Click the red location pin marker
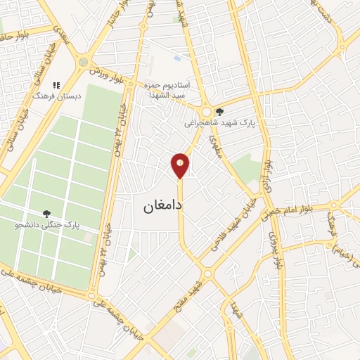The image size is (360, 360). tap(181, 165)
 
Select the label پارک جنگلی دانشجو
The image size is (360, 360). tap(47, 226)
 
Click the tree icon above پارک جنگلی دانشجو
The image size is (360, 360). tap(47, 214)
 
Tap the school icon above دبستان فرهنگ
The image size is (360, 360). tap(56, 85)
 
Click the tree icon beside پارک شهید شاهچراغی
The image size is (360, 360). tap(220, 111)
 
